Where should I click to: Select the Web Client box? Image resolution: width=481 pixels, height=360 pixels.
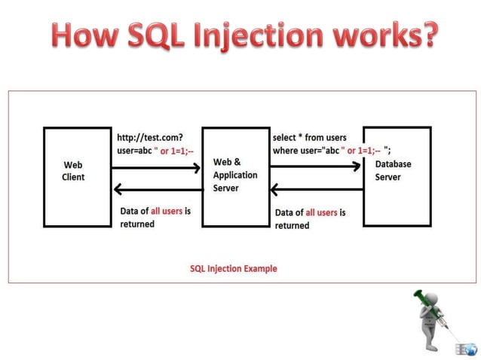(x=74, y=176)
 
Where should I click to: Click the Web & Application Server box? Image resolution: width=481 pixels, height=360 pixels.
(x=235, y=176)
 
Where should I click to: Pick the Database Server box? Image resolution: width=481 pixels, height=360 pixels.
(x=397, y=175)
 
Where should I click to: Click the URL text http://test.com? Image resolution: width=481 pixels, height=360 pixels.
(x=150, y=138)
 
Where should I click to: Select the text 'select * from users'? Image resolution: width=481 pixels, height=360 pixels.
(x=309, y=138)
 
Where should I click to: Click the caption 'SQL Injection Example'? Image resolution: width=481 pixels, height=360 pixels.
(x=233, y=268)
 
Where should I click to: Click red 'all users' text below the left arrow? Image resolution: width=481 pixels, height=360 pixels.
(x=167, y=211)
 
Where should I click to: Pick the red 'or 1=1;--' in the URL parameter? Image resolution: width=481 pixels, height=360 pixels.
(x=176, y=151)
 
